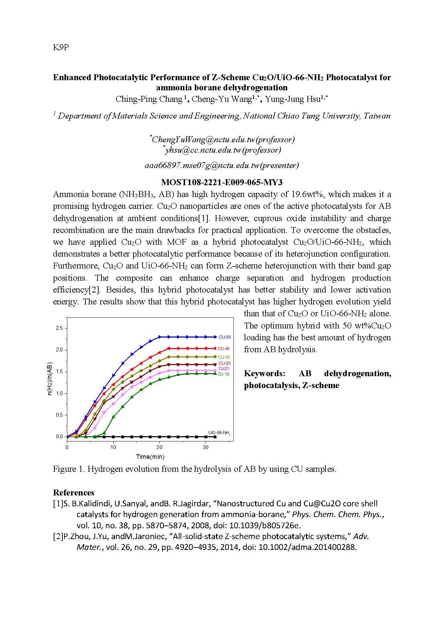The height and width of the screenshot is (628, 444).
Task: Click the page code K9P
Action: coord(61,47)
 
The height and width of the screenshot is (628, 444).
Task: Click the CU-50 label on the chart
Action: coord(225,337)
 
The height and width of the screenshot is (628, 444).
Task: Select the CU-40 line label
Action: coord(224,349)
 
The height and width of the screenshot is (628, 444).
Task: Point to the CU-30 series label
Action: coord(224,357)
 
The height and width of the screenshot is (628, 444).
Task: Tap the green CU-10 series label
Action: coord(223,374)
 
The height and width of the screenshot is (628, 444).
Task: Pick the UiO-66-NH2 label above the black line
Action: coord(219,433)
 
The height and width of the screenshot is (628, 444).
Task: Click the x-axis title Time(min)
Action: coord(150,457)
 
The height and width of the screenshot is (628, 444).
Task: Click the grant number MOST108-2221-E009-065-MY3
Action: coord(222,182)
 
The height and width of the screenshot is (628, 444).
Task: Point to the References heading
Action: coord(74,493)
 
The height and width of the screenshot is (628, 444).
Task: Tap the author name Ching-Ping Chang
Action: coord(149,99)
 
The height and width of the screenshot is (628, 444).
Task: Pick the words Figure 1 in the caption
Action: coord(68,469)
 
